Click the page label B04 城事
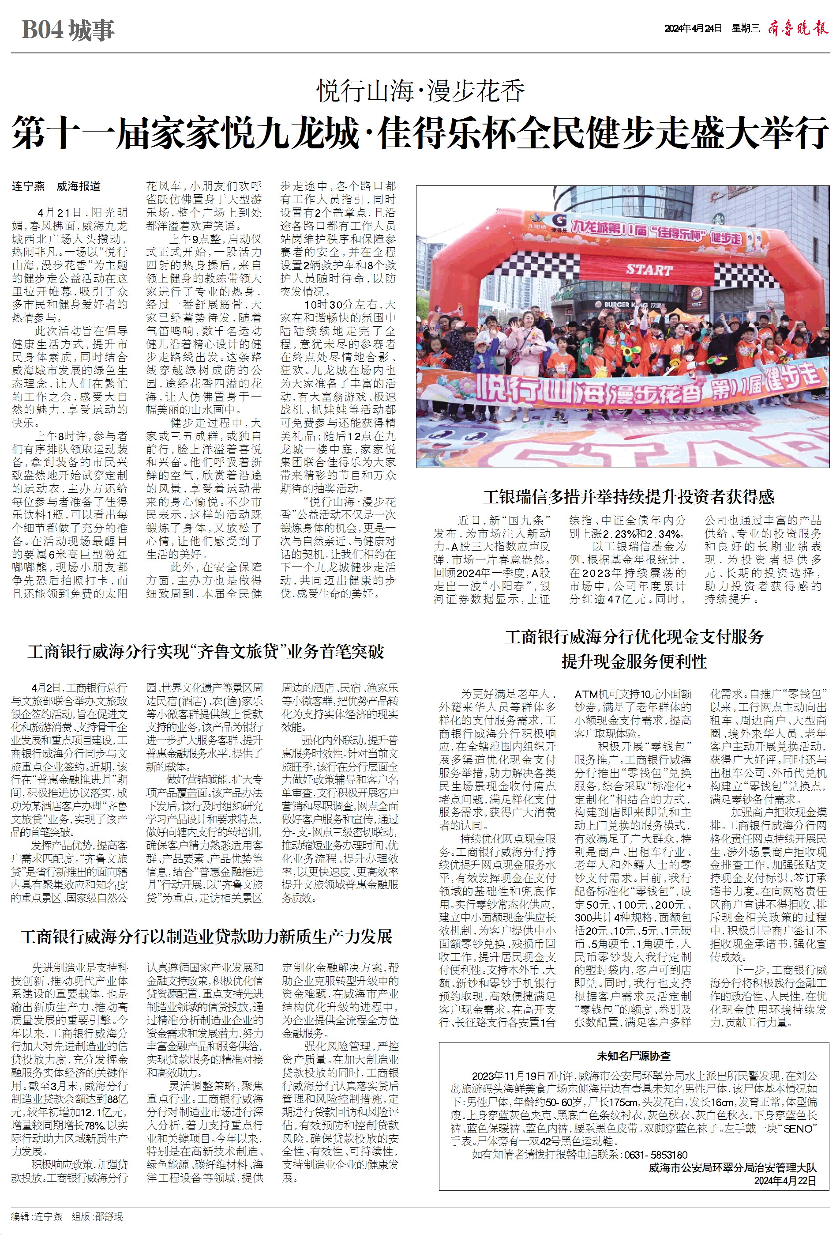68,30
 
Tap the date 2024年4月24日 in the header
693,29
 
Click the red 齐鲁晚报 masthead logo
798,28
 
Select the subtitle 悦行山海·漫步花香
420,91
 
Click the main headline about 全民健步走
420,133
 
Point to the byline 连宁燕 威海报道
57,186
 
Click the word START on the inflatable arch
649,269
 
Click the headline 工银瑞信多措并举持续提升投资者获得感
629,497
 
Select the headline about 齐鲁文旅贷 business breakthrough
206,652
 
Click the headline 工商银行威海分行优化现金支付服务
634,637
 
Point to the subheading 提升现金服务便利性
634,661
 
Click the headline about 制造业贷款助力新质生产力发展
206,937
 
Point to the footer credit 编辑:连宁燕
37,1217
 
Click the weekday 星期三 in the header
746,29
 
